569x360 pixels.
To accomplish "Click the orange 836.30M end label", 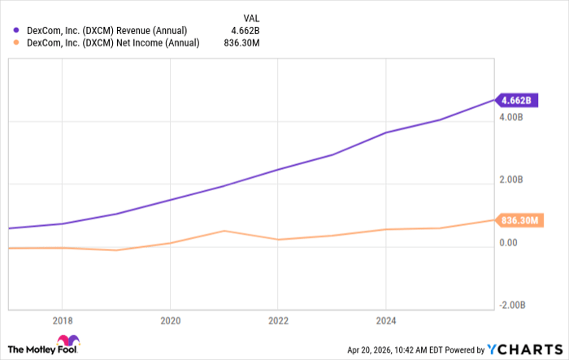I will click(519, 220).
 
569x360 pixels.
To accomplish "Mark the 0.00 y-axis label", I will click(509, 242).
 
